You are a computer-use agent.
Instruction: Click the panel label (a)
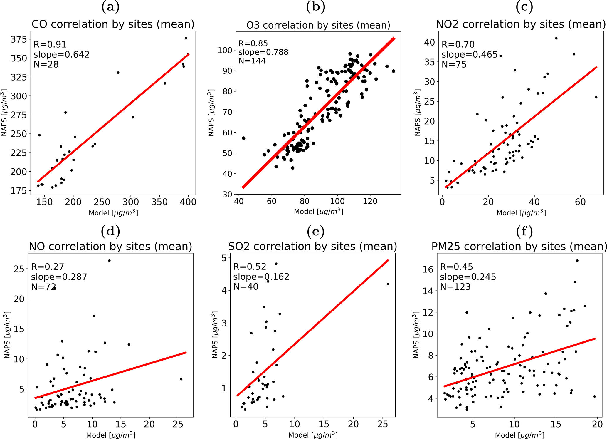click(x=110, y=6)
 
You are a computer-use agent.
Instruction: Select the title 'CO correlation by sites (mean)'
click(x=113, y=24)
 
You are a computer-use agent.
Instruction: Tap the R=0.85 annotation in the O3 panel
click(x=253, y=43)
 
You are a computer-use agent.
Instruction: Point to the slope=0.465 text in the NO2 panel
click(x=469, y=54)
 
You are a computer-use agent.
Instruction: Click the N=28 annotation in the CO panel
click(x=46, y=64)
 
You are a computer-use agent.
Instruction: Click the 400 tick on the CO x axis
click(x=188, y=202)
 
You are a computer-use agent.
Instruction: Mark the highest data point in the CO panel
click(x=186, y=38)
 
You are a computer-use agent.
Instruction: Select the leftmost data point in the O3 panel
click(x=243, y=138)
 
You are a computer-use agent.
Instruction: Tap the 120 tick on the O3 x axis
click(x=370, y=201)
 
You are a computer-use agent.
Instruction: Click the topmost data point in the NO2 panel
click(x=556, y=38)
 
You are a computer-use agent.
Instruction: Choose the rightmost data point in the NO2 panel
click(x=596, y=97)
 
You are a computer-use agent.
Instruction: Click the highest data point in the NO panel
click(x=109, y=261)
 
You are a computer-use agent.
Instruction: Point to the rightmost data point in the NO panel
click(x=181, y=379)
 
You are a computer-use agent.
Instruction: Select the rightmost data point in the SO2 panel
click(x=388, y=284)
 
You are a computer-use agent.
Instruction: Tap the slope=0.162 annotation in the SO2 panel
click(x=261, y=277)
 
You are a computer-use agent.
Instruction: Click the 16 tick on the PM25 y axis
click(x=429, y=269)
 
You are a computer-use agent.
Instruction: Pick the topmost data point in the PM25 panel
click(x=577, y=261)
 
